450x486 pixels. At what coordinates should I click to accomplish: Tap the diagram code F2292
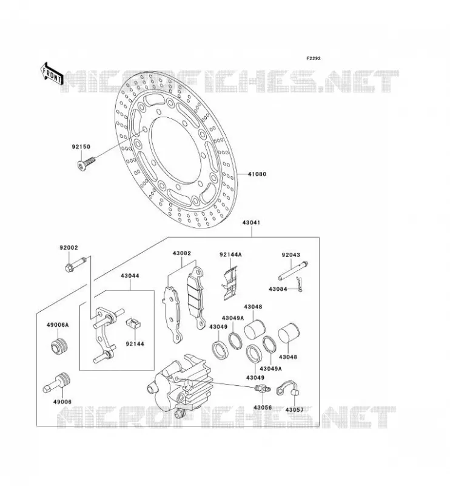pos(314,58)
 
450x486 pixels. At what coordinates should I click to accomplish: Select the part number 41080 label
pos(257,174)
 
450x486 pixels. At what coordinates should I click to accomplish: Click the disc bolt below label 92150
pos(86,162)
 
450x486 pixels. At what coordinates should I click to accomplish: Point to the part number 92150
pos(81,146)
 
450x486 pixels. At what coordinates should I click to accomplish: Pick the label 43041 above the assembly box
pos(251,222)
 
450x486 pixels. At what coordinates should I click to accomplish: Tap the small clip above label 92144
pos(133,323)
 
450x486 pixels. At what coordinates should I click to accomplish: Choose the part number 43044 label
pos(130,276)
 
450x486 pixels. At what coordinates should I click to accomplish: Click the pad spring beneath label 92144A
pos(230,283)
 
